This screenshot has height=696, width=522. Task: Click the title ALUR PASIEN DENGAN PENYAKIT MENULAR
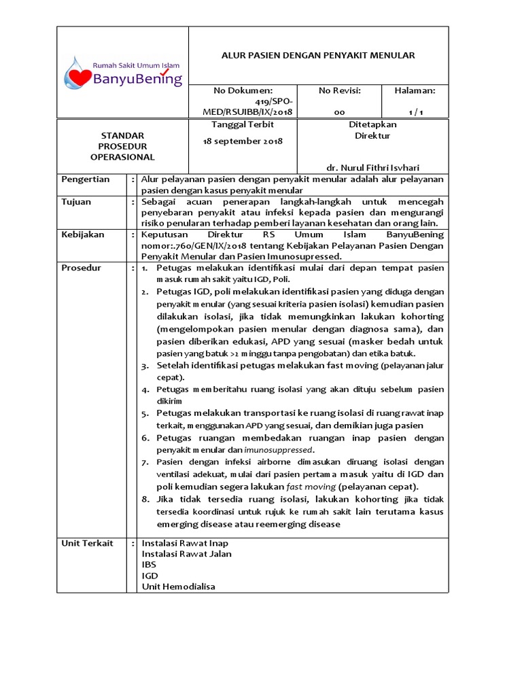318,55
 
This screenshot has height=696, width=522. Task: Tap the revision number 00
339,112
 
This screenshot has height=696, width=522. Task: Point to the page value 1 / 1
415,112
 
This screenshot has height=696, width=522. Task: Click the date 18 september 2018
243,141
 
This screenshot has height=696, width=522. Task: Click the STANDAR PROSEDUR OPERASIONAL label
122,146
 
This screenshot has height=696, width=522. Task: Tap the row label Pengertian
86,179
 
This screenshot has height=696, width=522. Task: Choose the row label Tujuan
76,202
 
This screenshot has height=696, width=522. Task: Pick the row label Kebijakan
83,234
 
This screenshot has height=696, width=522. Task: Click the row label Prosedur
81,268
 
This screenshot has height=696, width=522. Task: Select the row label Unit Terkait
87,544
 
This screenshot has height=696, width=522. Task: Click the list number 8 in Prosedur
145,499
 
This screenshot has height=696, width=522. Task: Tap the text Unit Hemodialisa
178,587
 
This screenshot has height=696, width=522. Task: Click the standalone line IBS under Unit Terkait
149,565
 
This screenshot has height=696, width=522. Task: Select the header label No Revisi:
339,90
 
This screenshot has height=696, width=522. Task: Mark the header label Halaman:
415,90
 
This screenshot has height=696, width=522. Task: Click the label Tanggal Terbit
243,125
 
